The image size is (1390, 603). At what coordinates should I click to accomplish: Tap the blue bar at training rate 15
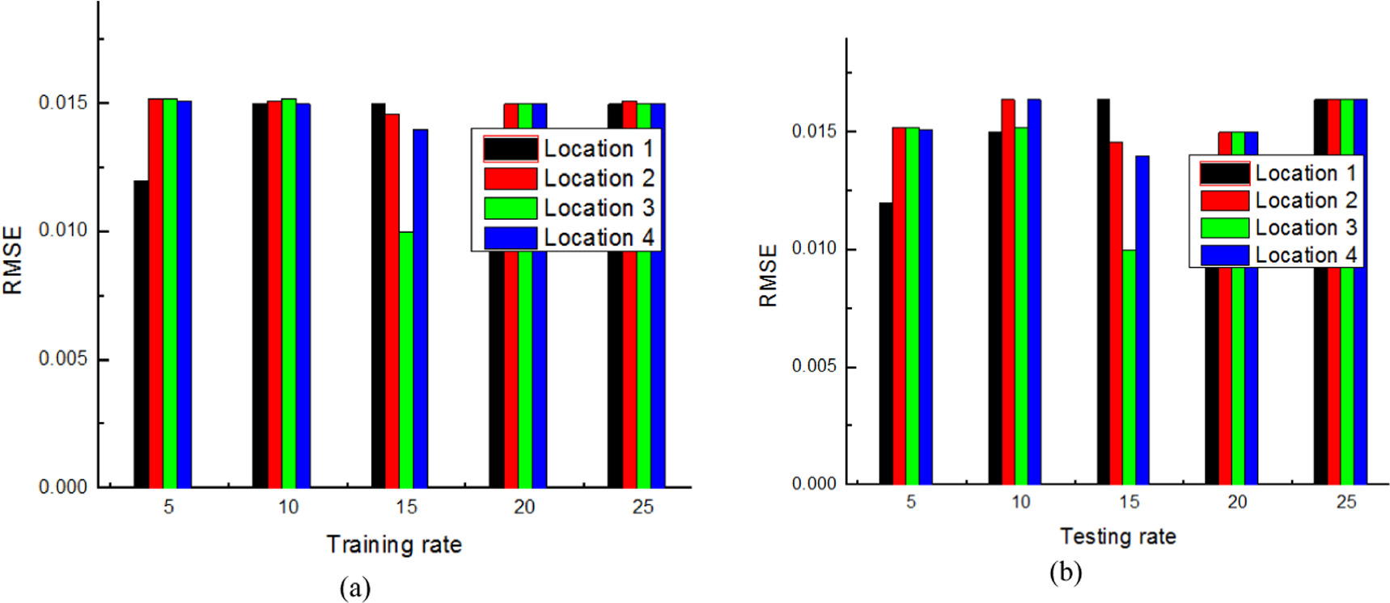click(421, 308)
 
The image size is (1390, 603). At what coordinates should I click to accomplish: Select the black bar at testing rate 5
click(886, 343)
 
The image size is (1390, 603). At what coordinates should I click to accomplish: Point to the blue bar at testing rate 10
click(1034, 291)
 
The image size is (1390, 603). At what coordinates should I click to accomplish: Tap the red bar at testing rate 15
click(1116, 312)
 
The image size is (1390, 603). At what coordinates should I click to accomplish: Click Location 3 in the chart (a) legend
click(599, 208)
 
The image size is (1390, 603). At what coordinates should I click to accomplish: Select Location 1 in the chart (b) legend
click(1305, 173)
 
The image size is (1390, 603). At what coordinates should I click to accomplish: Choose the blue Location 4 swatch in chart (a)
click(511, 238)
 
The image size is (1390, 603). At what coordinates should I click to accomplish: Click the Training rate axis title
click(394, 544)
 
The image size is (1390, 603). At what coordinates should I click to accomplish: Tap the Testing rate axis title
click(1118, 536)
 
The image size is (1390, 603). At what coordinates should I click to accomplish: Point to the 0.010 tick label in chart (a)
click(62, 230)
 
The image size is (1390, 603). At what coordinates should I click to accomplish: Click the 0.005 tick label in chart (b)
click(814, 366)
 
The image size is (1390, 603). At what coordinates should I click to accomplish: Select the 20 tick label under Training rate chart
click(524, 507)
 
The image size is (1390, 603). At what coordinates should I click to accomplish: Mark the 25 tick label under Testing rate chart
click(1346, 502)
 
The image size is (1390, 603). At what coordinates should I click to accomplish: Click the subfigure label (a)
click(355, 587)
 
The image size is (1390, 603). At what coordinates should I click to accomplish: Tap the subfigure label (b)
click(1065, 572)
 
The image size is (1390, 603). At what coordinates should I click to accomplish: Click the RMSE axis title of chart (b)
click(768, 276)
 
